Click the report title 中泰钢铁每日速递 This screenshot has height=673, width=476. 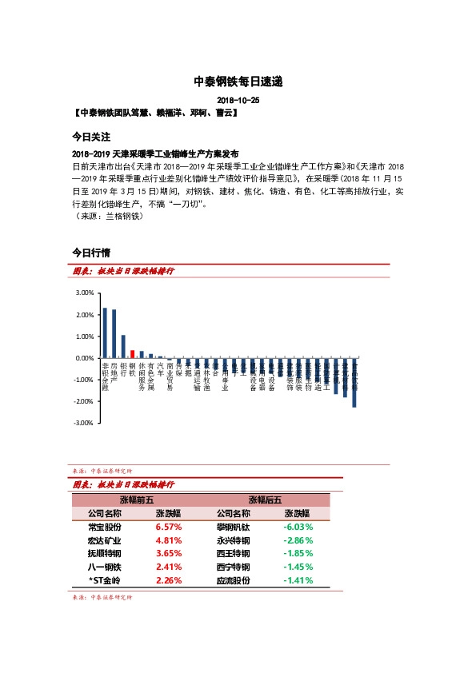[x=238, y=82]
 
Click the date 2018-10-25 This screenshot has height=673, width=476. [x=238, y=102]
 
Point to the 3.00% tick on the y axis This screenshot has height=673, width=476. [x=84, y=293]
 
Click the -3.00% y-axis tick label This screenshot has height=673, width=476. [x=83, y=423]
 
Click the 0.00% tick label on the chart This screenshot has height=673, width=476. [x=84, y=358]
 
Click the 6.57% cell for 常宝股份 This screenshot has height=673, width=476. [x=169, y=527]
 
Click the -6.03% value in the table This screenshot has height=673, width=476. [x=298, y=527]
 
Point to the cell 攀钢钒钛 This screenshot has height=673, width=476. [x=233, y=527]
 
